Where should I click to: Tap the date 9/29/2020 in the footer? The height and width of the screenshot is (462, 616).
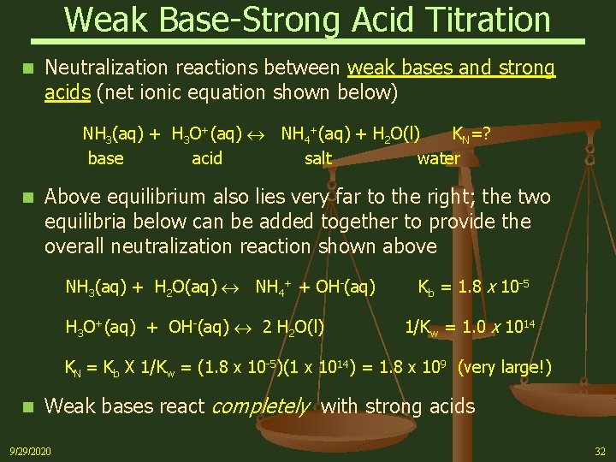tap(31, 451)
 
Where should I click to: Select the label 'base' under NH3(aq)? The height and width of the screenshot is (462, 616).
tap(105, 158)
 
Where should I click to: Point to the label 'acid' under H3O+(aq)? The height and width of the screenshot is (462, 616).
tap(207, 158)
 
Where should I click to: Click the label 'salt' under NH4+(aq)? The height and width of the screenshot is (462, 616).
tap(318, 158)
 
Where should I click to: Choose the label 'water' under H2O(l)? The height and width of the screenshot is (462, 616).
tap(438, 158)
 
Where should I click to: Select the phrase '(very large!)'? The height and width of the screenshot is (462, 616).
tap(505, 369)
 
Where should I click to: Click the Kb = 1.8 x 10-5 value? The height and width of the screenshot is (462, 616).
tap(472, 287)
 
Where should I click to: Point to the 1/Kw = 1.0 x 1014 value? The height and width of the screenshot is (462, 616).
tap(469, 327)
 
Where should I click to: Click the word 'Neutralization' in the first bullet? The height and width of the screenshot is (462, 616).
tap(109, 67)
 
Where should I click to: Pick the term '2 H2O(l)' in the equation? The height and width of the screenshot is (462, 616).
tap(293, 327)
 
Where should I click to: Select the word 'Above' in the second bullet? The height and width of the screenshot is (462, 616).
tap(71, 198)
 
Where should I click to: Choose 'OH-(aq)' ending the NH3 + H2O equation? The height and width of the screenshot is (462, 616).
tap(346, 287)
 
